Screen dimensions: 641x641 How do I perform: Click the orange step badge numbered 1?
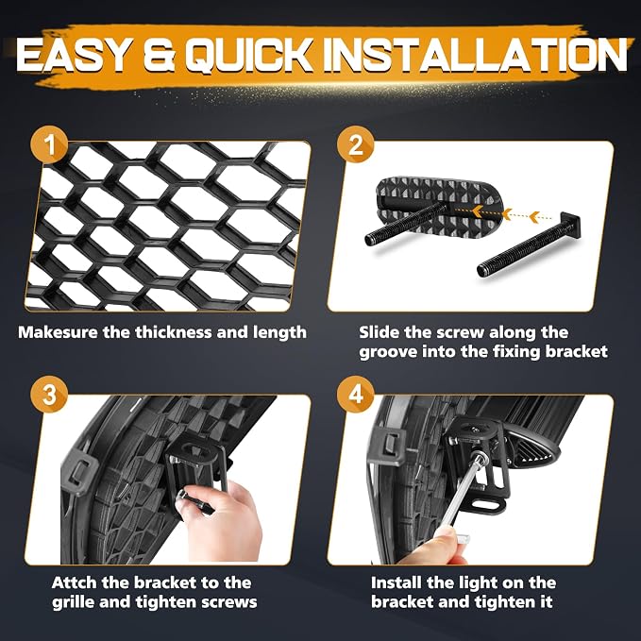tap(49, 144)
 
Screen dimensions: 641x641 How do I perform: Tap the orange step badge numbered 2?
tap(356, 144)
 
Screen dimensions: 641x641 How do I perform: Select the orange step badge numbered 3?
tap(49, 395)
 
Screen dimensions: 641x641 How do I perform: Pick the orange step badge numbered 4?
tap(356, 395)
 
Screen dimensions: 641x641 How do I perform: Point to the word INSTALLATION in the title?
tap(478, 55)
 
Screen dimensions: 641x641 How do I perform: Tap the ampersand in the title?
tap(159, 55)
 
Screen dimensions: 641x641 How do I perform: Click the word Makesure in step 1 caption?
tap(58, 332)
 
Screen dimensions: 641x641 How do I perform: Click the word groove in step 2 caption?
tap(388, 352)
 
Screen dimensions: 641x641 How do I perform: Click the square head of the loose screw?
tap(572, 224)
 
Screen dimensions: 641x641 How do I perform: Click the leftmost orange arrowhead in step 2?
tap(477, 211)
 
